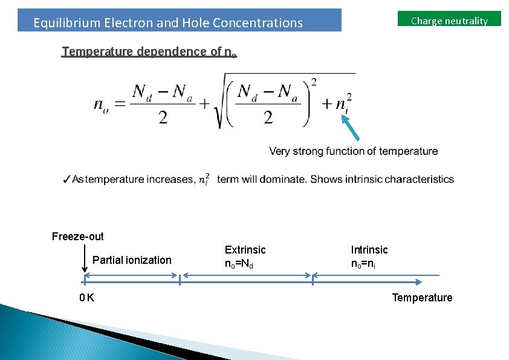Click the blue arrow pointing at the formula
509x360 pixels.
click(x=353, y=128)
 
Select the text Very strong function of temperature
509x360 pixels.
click(x=353, y=151)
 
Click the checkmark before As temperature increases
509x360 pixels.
click(x=66, y=179)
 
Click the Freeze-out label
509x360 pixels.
click(x=77, y=236)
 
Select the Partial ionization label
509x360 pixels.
click(x=132, y=260)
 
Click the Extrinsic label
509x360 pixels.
click(x=245, y=249)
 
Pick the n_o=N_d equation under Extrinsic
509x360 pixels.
click(x=239, y=264)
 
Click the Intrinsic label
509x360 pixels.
click(x=369, y=249)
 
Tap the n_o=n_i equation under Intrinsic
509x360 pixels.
click(x=364, y=264)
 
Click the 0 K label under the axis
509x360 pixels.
click(x=86, y=298)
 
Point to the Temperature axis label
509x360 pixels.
click(x=422, y=298)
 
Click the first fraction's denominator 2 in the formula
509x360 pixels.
click(x=163, y=117)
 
